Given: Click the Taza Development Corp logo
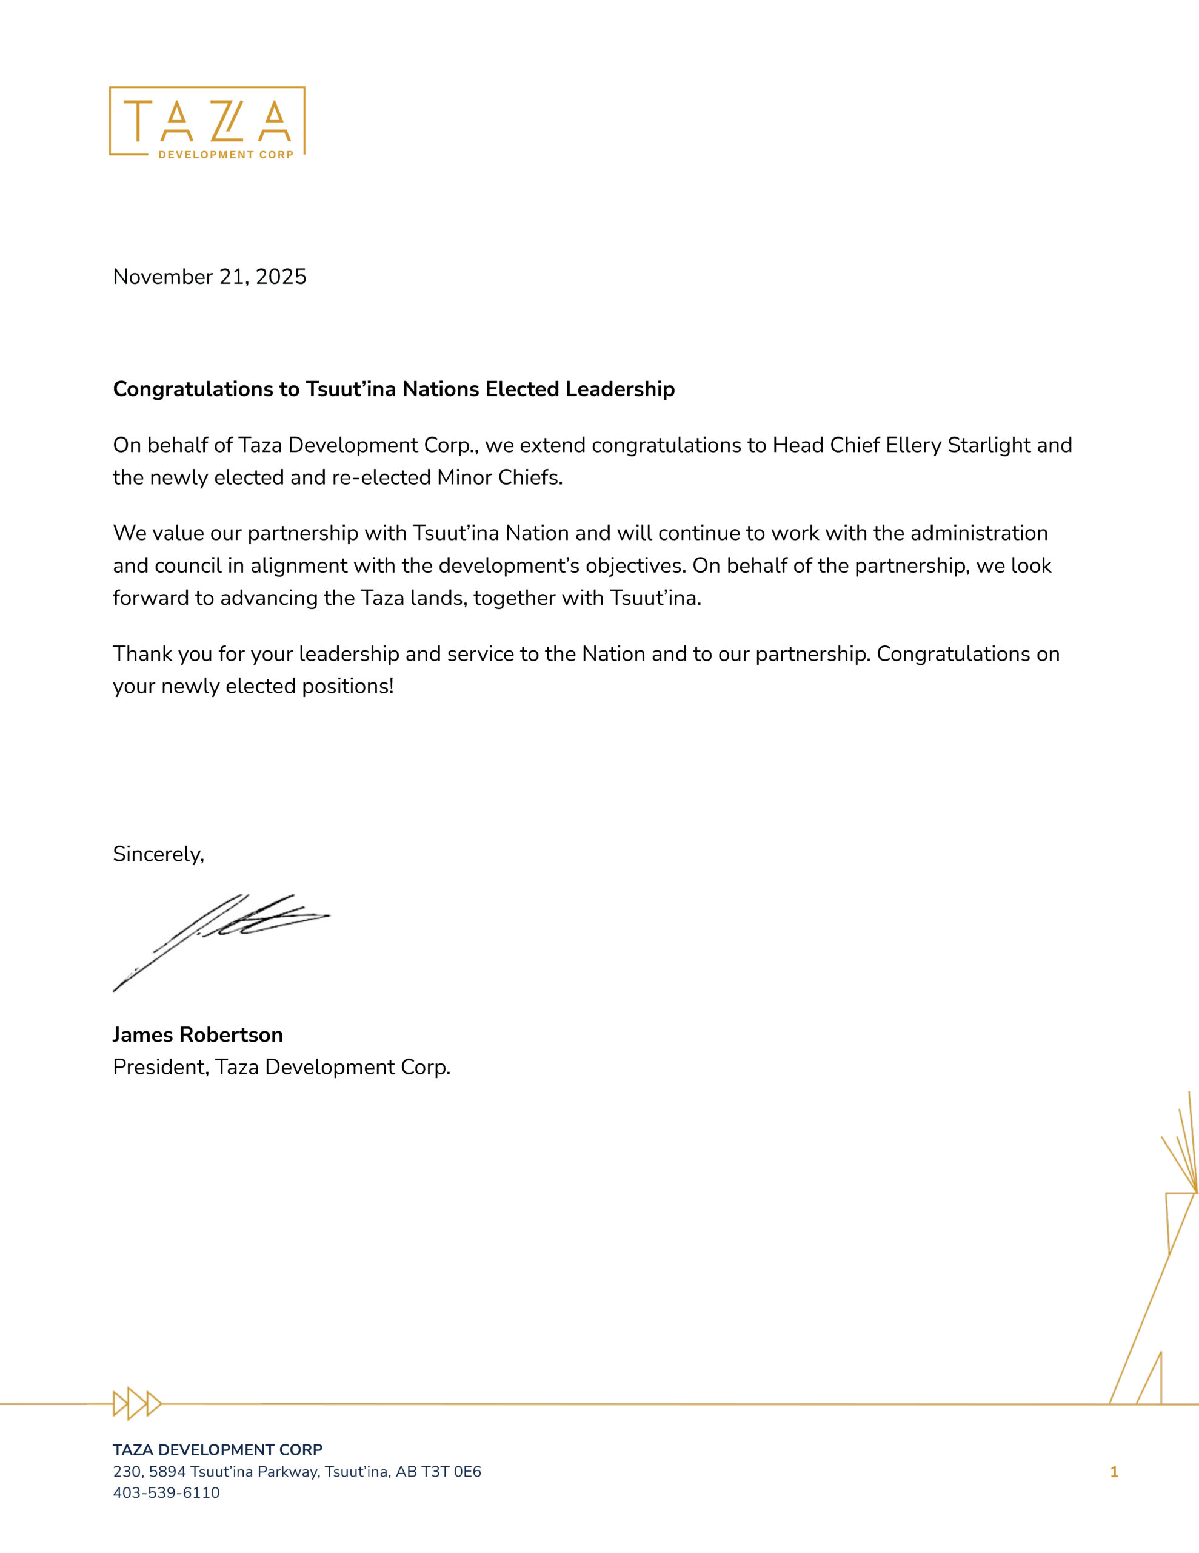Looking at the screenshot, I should click(x=207, y=121).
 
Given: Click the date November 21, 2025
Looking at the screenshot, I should click(x=210, y=277).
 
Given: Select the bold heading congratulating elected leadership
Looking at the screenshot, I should click(x=394, y=389).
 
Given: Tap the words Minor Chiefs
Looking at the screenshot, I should click(x=499, y=477).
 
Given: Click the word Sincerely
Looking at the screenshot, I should click(x=158, y=854).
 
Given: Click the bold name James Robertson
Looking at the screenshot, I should click(x=198, y=1034).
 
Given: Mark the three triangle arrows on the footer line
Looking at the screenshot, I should click(x=137, y=1404).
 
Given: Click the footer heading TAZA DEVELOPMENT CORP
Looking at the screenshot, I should click(x=218, y=1450).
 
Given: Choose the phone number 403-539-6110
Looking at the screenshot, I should click(x=166, y=1492).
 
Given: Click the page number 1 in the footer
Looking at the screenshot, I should click(x=1114, y=1472).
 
